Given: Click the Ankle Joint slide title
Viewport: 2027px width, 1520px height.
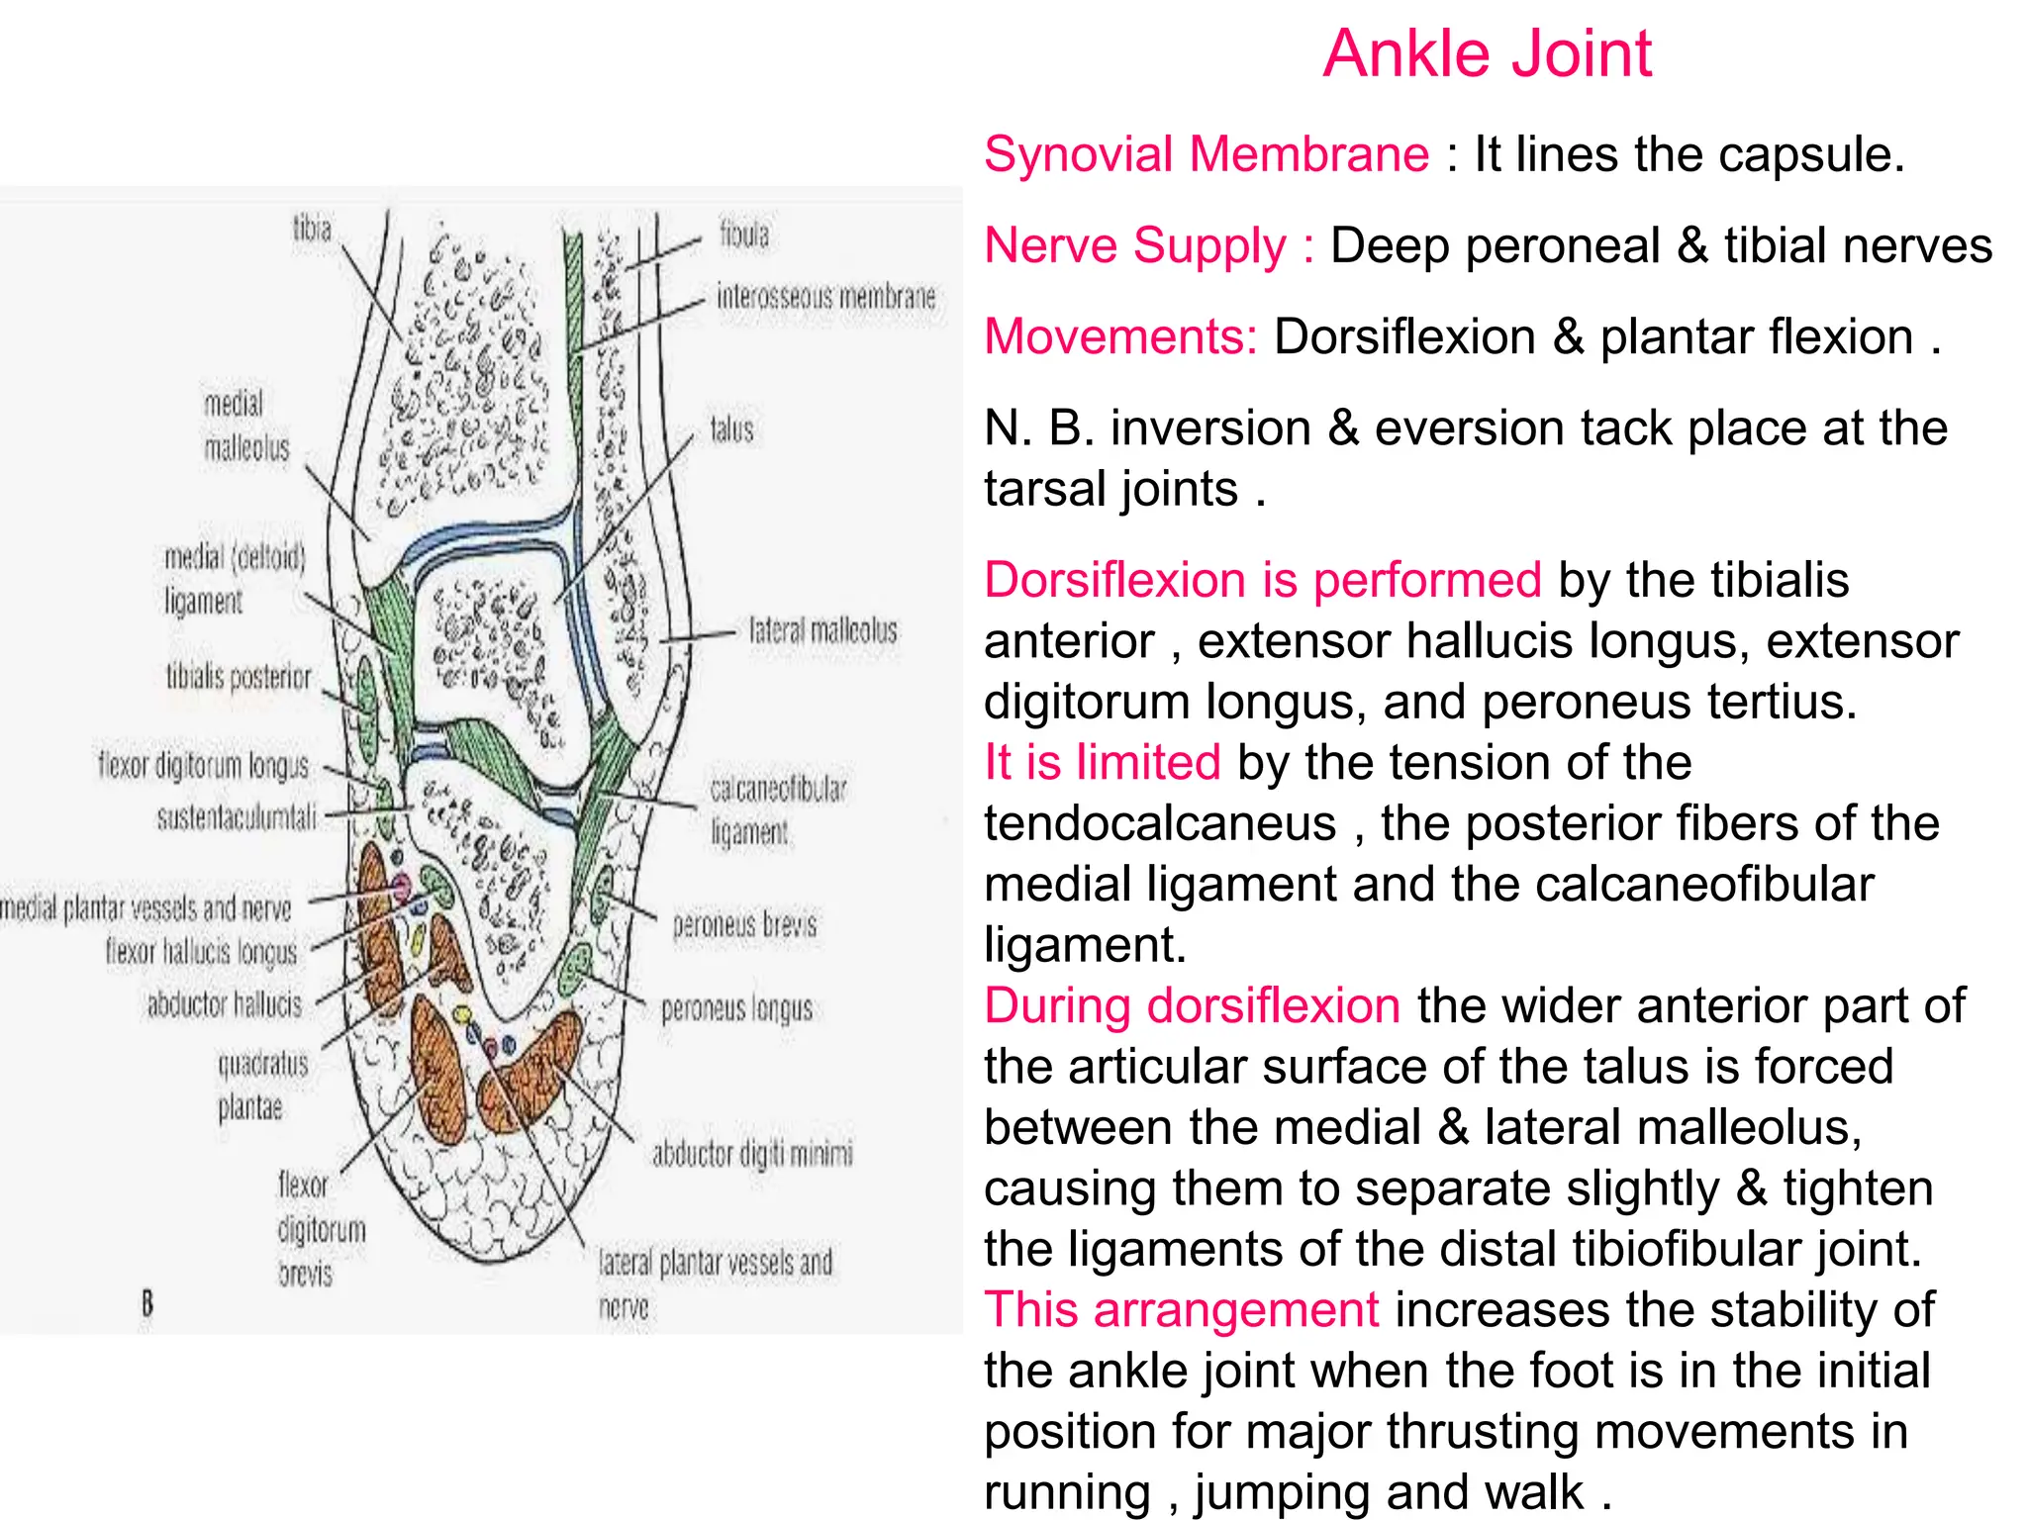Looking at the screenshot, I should [1487, 53].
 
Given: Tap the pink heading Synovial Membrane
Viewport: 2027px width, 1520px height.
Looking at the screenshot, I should [1206, 155].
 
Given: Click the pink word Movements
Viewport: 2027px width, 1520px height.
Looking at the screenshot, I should [1119, 337].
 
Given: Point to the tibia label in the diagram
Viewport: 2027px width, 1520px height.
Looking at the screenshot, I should [312, 230].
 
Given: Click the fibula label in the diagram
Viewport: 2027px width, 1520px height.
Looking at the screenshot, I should [743, 235].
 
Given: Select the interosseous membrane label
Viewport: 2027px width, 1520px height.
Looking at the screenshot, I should [825, 297].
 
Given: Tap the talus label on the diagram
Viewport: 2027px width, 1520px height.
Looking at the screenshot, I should [731, 429].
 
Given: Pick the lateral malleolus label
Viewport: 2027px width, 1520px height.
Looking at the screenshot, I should [822, 630].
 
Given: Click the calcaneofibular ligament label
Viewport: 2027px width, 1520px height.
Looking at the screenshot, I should [778, 809].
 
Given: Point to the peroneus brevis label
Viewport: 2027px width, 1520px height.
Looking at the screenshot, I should [744, 925].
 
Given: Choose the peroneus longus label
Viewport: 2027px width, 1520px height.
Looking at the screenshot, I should [736, 1009].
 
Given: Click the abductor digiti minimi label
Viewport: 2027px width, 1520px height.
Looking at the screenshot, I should [752, 1154].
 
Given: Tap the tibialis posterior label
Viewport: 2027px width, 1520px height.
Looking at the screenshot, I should [238, 677].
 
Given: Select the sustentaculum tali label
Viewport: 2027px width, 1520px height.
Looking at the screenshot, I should [237, 817].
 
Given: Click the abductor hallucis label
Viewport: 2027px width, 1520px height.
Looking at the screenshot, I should [224, 1005].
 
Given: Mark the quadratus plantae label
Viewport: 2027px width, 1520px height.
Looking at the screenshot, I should [261, 1086].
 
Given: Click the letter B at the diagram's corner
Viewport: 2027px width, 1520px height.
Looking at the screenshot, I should [147, 1302].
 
